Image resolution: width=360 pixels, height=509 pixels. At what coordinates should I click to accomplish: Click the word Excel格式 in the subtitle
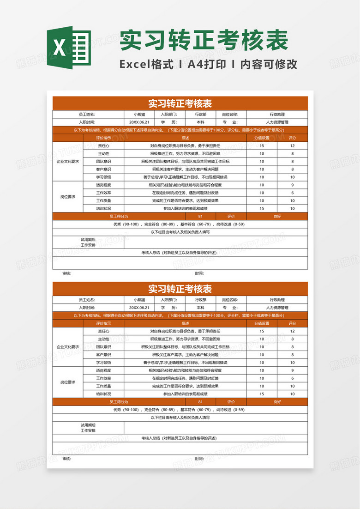(146, 64)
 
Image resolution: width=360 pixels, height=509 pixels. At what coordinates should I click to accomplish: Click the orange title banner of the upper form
(180, 103)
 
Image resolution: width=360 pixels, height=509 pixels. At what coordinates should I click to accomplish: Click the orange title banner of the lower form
(180, 289)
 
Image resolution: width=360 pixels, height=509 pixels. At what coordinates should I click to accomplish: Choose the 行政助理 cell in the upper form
(277, 115)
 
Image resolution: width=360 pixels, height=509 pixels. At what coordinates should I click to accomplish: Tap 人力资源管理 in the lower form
(277, 308)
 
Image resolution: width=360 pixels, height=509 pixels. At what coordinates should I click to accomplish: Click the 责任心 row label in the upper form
(103, 145)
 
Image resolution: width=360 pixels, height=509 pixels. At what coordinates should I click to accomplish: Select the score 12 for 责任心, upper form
(292, 145)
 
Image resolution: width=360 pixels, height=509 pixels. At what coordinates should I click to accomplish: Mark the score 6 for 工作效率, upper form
(292, 193)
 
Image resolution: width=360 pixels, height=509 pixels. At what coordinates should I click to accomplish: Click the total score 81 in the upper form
(200, 216)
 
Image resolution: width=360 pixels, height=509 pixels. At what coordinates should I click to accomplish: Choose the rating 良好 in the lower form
(277, 402)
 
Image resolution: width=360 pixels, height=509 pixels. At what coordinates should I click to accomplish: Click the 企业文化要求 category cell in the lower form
(68, 347)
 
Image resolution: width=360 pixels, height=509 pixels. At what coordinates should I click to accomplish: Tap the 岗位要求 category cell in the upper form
(68, 197)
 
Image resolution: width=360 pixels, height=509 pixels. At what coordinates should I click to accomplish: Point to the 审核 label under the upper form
(67, 273)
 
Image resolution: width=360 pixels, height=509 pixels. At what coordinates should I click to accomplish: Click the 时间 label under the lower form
(199, 459)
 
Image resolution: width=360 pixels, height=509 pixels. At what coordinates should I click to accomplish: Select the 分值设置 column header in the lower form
(262, 323)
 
